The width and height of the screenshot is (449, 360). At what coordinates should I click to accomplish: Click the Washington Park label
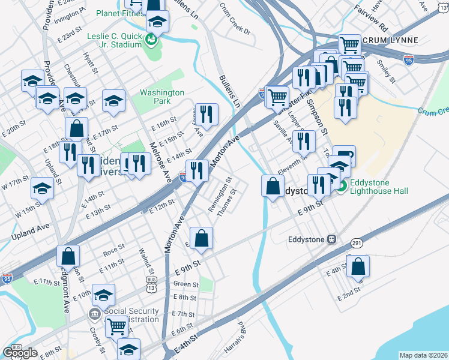(162, 97)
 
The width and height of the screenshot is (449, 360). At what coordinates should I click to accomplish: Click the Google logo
(20, 353)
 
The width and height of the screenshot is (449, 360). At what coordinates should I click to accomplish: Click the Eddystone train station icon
(330, 239)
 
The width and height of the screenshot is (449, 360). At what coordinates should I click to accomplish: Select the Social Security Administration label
(131, 316)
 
